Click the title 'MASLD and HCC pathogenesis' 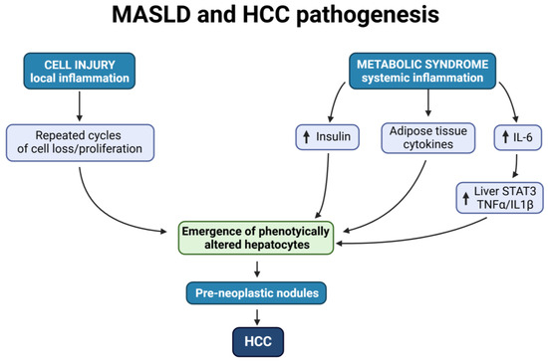273,17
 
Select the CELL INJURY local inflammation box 81,73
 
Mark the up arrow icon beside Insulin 301,140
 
